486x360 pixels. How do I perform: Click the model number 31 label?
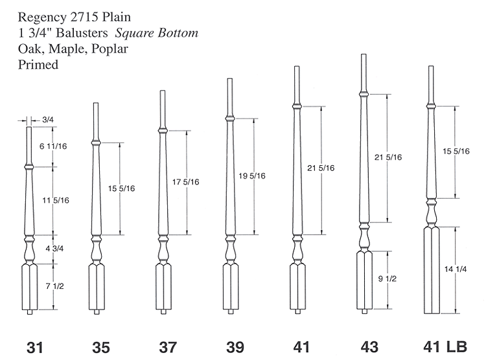click(x=35, y=347)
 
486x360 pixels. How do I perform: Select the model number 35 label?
click(x=101, y=347)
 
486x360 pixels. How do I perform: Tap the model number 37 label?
click(x=168, y=347)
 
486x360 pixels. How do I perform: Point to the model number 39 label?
click(x=235, y=347)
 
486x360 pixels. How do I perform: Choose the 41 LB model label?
click(x=445, y=346)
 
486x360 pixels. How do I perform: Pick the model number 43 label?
click(x=369, y=347)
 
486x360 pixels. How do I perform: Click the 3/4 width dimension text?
click(x=48, y=120)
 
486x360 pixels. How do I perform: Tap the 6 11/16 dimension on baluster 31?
click(x=53, y=146)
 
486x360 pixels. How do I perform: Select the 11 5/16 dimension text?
click(x=56, y=200)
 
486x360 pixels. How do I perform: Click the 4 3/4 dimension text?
click(x=54, y=249)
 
